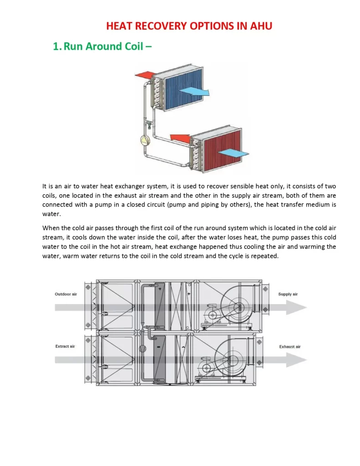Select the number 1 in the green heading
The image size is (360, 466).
coord(56,46)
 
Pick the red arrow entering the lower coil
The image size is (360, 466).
coord(179,137)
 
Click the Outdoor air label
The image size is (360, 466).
coord(66,294)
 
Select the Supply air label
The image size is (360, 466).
coord(288,294)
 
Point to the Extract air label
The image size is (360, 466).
coord(65,346)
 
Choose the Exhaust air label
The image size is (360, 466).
coord(289,346)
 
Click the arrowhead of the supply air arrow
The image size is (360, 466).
coord(300,307)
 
